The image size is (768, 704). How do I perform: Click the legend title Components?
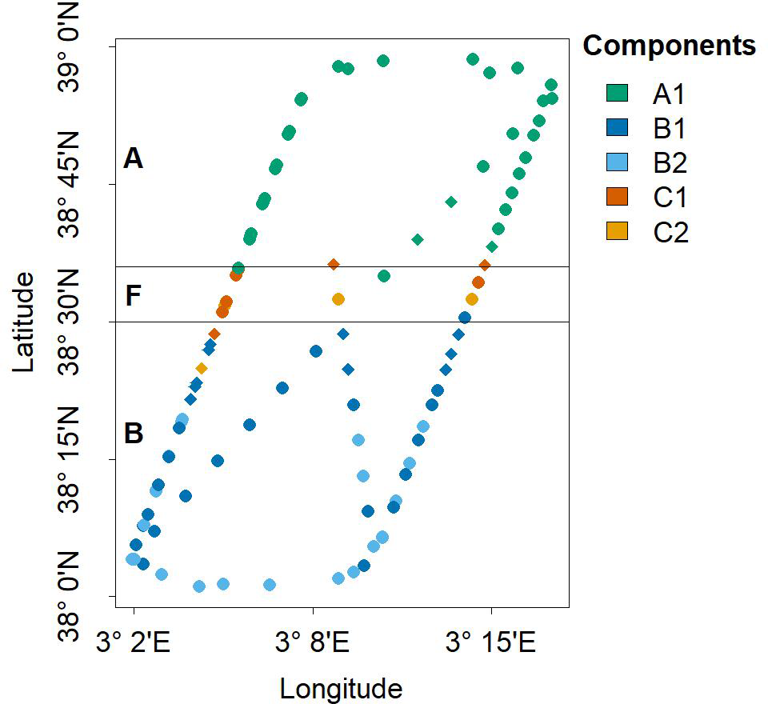[669, 46]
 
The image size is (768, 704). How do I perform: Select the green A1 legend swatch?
[617, 94]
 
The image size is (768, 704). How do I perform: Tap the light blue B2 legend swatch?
[617, 162]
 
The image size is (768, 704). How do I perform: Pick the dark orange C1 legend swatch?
[617, 197]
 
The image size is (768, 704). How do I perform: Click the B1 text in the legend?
[670, 129]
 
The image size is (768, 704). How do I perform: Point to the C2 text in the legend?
[670, 232]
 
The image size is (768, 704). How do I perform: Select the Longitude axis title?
[340, 688]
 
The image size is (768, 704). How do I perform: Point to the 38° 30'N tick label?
[74, 322]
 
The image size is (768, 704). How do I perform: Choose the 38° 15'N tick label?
[74, 460]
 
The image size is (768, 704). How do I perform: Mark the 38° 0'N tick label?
[74, 596]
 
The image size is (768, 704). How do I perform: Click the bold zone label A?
[133, 159]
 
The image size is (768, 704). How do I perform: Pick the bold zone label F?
[133, 296]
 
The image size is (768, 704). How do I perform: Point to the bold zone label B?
[133, 434]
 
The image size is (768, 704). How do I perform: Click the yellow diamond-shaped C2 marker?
[202, 369]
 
